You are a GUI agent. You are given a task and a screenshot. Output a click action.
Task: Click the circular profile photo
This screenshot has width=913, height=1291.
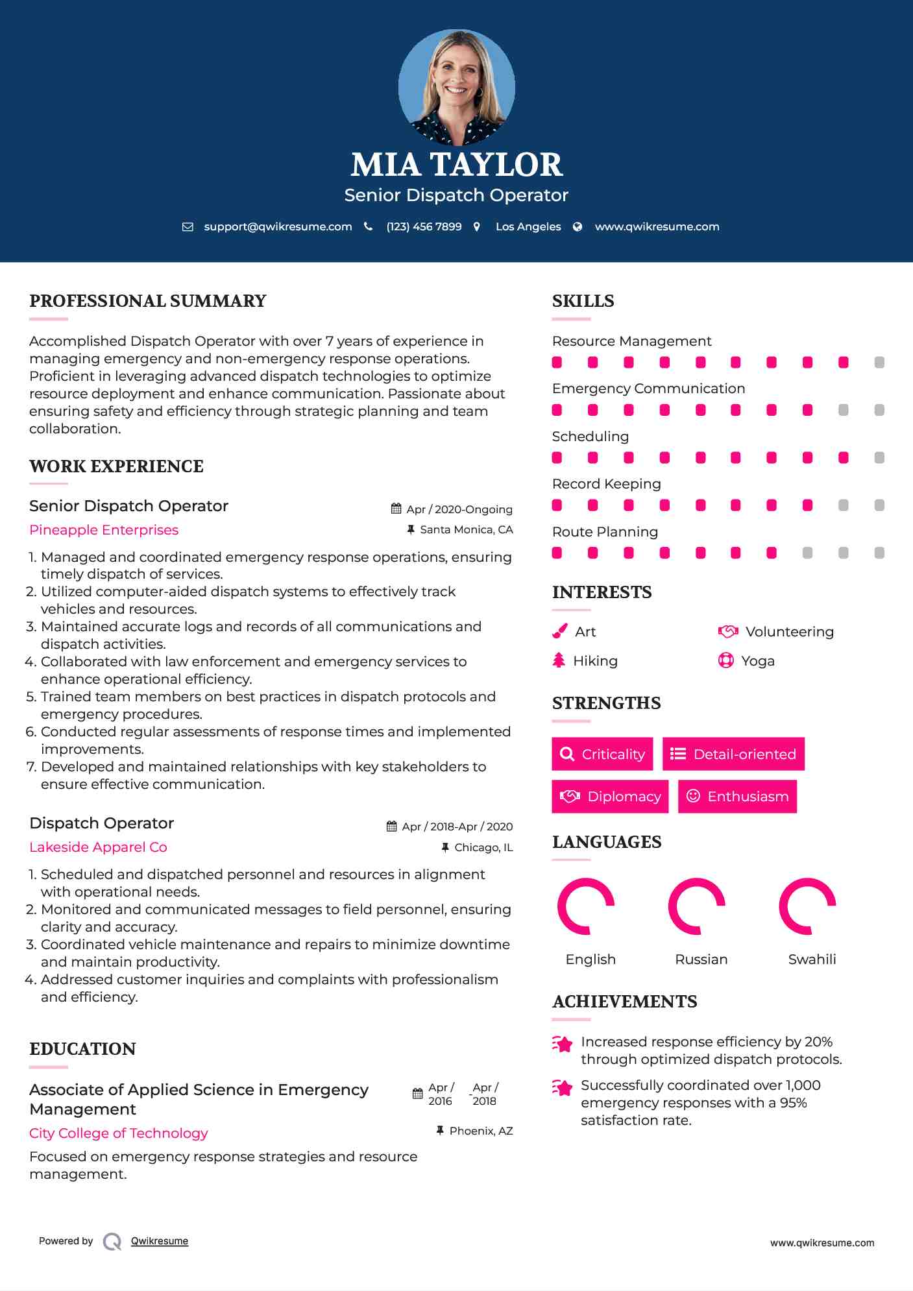click(456, 87)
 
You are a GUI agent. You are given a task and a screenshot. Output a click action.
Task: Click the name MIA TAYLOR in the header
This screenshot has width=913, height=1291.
click(456, 165)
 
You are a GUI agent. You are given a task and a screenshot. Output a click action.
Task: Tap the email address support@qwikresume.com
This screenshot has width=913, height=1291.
click(278, 226)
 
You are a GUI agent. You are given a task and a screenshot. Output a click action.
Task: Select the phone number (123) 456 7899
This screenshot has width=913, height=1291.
click(424, 226)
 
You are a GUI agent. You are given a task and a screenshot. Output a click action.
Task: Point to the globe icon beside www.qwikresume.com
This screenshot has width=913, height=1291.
click(578, 226)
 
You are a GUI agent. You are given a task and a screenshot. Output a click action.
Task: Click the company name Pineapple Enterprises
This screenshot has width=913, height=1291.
click(104, 530)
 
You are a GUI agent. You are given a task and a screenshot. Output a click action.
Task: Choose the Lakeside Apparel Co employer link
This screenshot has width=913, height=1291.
click(98, 847)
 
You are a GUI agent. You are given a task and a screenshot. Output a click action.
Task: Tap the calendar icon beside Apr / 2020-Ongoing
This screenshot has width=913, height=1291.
click(396, 509)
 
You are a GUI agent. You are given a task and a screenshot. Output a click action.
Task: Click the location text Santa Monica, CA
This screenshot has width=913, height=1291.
click(466, 529)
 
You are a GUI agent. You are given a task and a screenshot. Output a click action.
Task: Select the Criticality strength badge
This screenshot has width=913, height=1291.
click(602, 754)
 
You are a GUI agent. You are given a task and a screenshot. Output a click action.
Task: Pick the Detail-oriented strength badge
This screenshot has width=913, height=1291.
click(733, 754)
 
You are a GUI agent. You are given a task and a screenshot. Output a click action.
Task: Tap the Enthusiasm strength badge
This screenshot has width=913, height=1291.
click(737, 796)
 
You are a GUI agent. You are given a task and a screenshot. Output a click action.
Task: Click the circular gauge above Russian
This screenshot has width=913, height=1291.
click(696, 906)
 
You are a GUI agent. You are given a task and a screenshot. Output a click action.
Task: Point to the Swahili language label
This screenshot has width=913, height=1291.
click(812, 959)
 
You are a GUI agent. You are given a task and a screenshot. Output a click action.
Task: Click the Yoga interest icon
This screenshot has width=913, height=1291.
click(726, 660)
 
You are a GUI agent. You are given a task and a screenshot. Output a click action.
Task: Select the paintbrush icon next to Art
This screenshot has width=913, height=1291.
click(559, 631)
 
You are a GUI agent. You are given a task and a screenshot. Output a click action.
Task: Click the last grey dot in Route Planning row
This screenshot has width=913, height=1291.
click(879, 553)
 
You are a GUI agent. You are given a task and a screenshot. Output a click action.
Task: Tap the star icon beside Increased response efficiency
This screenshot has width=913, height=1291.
click(562, 1044)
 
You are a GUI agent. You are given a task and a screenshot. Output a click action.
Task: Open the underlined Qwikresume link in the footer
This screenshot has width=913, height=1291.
click(160, 1241)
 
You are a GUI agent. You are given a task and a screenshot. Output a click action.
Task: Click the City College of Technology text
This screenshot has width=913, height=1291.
click(119, 1133)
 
